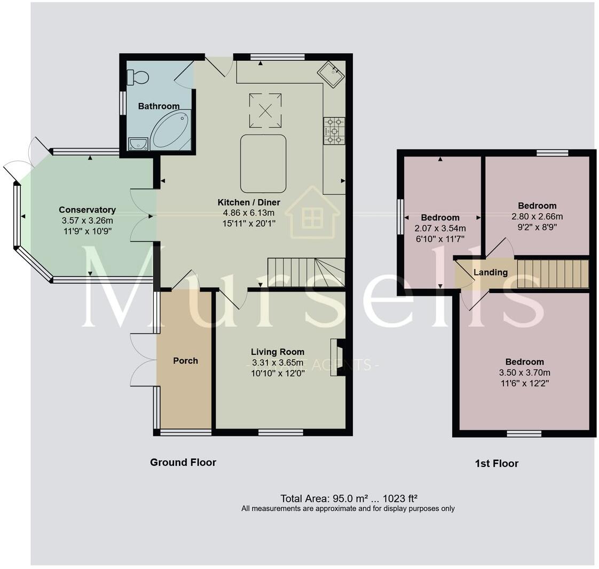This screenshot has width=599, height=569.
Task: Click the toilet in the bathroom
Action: (x=137, y=77)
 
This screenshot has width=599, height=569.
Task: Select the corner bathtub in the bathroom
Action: (x=170, y=130)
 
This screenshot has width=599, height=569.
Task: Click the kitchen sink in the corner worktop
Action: (x=332, y=74)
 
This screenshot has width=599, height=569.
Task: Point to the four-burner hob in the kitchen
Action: (x=334, y=131)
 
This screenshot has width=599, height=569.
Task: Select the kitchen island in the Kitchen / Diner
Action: (x=263, y=163)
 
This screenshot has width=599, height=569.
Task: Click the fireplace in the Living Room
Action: (x=338, y=357)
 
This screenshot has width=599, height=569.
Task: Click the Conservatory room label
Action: (x=87, y=210)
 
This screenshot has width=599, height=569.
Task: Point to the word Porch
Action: (x=185, y=361)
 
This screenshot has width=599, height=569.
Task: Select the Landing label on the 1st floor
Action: (x=491, y=272)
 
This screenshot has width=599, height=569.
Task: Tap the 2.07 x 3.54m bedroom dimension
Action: (x=440, y=228)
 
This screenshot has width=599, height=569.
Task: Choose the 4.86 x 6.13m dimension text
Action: (x=249, y=212)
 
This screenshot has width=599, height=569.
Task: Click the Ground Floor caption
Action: (x=183, y=462)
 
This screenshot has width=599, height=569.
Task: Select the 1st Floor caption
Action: (x=496, y=463)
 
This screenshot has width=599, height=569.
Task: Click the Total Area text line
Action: (x=349, y=499)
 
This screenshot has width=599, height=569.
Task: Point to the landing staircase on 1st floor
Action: (x=552, y=274)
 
